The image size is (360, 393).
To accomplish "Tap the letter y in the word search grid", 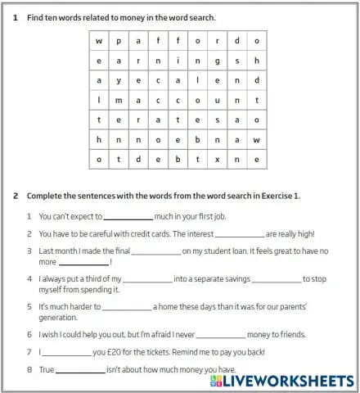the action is (119, 80).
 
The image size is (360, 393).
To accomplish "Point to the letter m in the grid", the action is (119, 100).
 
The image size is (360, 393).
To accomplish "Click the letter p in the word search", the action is (119, 41).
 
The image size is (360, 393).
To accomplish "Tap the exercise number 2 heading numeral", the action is (16, 196).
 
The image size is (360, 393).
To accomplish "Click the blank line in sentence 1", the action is (128, 218).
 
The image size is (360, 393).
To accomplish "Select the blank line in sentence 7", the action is (66, 352).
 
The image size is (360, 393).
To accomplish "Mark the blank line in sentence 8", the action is (80, 370).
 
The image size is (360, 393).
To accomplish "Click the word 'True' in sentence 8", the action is (46, 370).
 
